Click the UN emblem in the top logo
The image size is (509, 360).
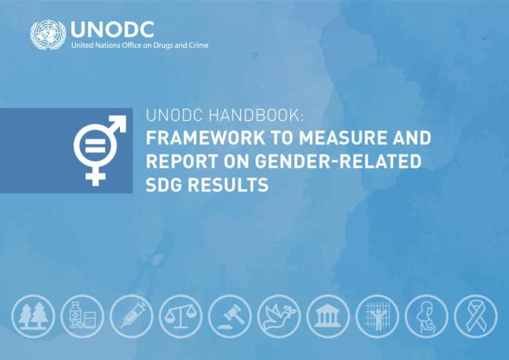point(48,35)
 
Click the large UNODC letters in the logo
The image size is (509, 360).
point(112,29)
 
